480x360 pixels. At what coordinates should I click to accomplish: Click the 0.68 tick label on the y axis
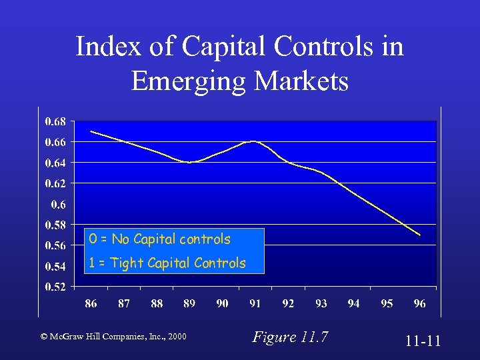56,121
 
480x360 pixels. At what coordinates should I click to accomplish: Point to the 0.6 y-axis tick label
59,204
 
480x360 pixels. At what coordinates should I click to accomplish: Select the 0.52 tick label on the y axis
56,287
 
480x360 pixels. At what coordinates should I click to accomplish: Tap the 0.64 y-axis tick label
56,163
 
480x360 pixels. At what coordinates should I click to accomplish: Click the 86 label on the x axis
91,304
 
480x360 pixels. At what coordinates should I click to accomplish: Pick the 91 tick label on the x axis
255,304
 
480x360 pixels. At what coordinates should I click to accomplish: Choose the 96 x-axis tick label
419,304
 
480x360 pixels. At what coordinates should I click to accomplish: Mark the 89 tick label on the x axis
189,304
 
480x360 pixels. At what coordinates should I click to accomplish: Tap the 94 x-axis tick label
354,304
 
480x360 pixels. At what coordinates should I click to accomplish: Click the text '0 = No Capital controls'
171,239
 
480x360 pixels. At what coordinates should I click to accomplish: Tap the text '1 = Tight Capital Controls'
167,263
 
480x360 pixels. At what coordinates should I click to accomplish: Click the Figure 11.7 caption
290,337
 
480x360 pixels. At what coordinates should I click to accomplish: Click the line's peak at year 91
254,141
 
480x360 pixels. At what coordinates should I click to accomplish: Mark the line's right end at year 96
420,235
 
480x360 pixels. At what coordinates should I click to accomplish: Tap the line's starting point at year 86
91,131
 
